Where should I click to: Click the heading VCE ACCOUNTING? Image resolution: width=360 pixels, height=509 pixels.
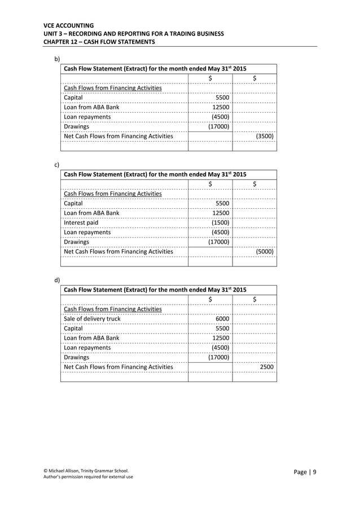tap(68, 25)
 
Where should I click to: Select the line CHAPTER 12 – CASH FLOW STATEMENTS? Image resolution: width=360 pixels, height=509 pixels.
tap(99, 42)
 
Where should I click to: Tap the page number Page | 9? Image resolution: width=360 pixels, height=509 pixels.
tap(305, 472)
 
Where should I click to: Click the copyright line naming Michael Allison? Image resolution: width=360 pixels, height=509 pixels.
tap(86, 470)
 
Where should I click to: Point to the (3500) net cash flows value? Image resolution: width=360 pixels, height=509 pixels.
tap(265, 136)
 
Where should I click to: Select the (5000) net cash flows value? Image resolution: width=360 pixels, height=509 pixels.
tap(265, 252)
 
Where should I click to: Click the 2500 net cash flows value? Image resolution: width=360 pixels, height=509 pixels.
tap(266, 367)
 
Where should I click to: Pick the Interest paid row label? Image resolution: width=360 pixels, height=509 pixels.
tap(81, 222)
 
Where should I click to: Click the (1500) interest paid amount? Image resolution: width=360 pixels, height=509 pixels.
tap(219, 222)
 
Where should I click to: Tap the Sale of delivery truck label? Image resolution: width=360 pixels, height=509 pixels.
tap(92, 318)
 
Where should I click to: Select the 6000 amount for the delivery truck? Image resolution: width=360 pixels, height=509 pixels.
tap(222, 318)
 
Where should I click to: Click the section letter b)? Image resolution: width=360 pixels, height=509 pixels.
tap(56, 59)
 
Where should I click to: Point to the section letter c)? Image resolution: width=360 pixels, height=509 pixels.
tap(56, 164)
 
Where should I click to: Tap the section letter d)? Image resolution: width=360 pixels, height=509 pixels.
tap(56, 279)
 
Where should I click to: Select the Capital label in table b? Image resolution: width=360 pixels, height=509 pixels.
tap(73, 98)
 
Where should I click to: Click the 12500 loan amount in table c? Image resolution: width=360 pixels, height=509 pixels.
tap(220, 213)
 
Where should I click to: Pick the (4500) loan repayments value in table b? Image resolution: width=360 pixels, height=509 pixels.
tap(219, 117)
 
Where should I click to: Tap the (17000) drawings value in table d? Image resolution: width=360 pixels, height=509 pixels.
tap(218, 357)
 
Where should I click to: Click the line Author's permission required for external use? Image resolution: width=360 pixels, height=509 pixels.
tap(89, 477)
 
